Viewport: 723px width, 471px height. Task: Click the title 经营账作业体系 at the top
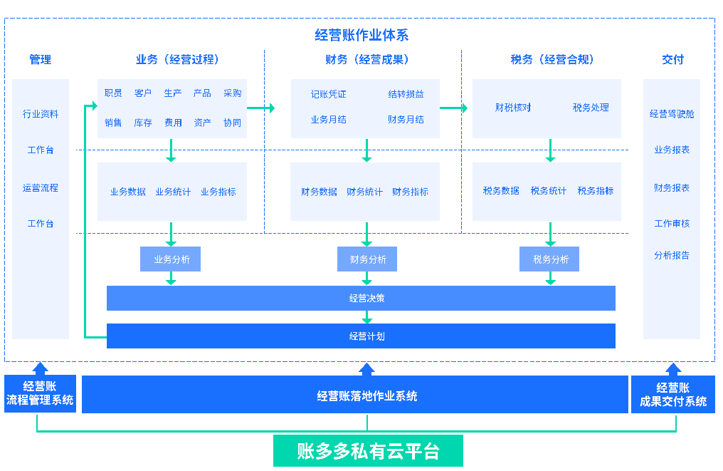(361, 35)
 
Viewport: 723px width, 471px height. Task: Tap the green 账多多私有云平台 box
(368, 451)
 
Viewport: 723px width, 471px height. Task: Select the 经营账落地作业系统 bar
(366, 395)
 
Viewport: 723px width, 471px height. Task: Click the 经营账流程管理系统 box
(40, 394)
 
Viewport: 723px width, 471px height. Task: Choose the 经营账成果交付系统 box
(672, 394)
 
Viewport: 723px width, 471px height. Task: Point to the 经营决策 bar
(361, 298)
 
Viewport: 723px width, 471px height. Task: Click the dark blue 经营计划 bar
(361, 336)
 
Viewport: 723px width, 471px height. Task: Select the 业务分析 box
(171, 259)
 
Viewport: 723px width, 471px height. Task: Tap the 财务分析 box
(367, 259)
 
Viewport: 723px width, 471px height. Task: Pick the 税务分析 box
(550, 259)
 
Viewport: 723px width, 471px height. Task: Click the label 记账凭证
(328, 94)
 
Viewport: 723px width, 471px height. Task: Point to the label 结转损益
(406, 94)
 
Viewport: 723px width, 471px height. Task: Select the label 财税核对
(513, 108)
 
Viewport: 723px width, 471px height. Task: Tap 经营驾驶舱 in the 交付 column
(672, 113)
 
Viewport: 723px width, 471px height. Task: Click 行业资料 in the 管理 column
(41, 113)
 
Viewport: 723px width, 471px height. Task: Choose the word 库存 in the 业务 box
(143, 123)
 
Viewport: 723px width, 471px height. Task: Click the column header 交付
(672, 60)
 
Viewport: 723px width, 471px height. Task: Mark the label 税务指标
(596, 191)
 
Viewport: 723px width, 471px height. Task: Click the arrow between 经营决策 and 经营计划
(367, 317)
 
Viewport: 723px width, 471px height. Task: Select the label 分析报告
(672, 255)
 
